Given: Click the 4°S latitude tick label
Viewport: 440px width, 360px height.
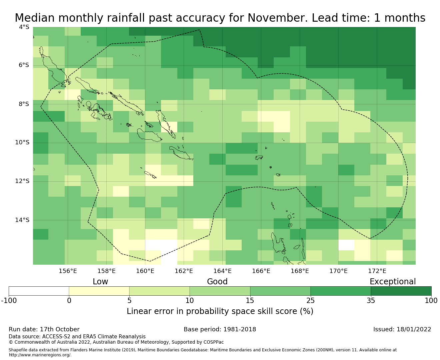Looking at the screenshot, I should pos(24,27).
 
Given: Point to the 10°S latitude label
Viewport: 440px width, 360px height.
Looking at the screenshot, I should pos(22,143).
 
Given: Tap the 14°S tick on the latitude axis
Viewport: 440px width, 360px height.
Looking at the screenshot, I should pos(22,220).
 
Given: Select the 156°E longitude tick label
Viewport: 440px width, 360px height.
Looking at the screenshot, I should pos(68,271).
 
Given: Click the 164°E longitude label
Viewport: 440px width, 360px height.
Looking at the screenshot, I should pos(222,271).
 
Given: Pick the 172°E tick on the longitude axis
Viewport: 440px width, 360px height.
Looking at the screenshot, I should pos(377,271).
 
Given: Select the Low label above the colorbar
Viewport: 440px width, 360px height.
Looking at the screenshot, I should pos(100,282).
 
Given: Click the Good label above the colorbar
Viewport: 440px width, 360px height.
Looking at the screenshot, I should pos(217,282).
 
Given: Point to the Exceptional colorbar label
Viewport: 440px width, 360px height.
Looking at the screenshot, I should pos(393,282).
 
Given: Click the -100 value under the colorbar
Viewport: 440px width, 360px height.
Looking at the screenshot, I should pos(9,301).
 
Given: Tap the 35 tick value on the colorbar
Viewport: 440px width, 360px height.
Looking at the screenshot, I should pos(371,301).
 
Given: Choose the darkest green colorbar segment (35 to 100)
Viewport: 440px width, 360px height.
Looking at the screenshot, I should pos(401,291).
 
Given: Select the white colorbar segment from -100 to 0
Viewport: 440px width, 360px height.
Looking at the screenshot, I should pos(39,291).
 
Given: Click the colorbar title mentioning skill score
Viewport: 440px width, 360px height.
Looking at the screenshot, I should pos(220,311).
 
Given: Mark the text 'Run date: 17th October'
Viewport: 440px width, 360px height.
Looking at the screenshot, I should pos(44,329).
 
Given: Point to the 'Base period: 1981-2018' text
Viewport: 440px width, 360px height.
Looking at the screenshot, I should pos(220,329).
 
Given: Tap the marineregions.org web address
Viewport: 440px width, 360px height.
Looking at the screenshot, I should pos(40,355).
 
